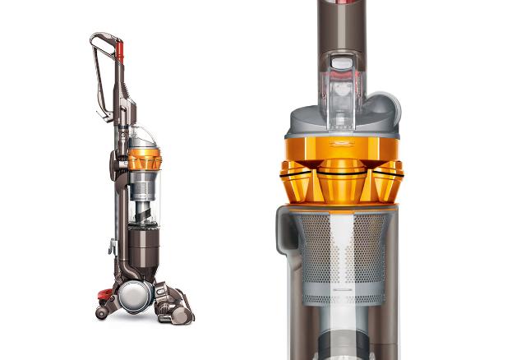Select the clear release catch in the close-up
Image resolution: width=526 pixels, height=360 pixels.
pos(341,90)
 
